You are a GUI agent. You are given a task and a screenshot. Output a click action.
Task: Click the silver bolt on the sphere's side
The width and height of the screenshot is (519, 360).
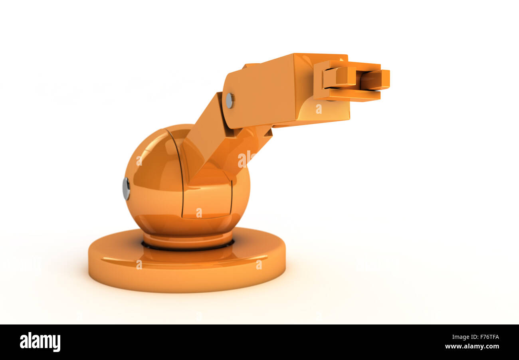pos(126,189)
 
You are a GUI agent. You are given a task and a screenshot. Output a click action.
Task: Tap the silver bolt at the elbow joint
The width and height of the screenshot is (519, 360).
pos(230,101)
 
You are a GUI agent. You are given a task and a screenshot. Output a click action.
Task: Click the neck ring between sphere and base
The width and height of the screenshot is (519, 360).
pos(188,239)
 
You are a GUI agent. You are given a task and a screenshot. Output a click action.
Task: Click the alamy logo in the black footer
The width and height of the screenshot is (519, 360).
pos(40,342)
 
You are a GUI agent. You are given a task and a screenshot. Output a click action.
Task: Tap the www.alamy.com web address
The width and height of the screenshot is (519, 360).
pos(472,346)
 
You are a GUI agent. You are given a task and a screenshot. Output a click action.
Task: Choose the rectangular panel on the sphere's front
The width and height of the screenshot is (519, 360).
pos(208,198)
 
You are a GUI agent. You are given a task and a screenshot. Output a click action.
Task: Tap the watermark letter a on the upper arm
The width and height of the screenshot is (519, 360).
pos(319,109)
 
